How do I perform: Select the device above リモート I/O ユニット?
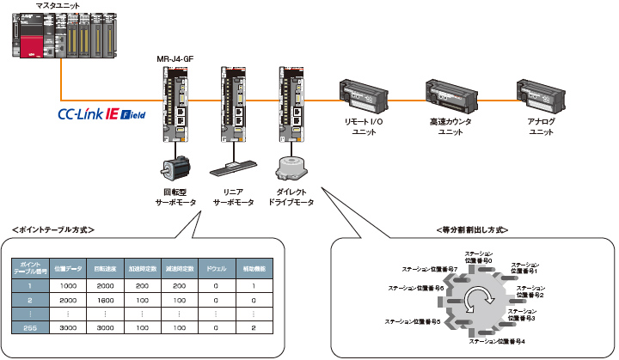point(365,95)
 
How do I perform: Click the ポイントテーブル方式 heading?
point(53,229)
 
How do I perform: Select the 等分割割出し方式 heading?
point(472,229)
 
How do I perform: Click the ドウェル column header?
point(217,267)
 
